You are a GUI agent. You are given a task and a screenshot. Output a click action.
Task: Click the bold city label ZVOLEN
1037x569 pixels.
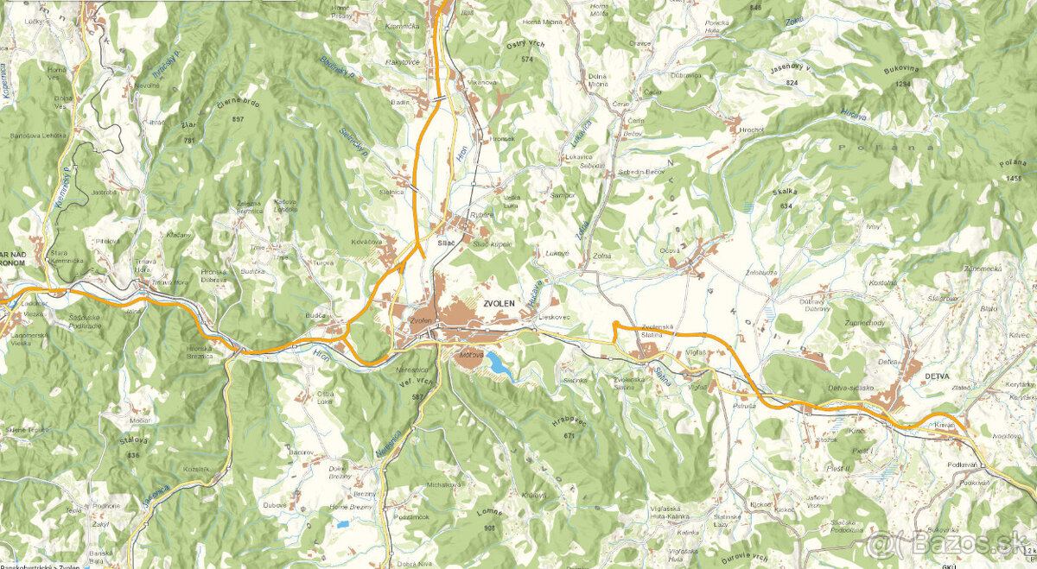(x=499, y=303)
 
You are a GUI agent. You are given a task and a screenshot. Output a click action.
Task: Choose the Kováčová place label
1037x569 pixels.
(x=367, y=243)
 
